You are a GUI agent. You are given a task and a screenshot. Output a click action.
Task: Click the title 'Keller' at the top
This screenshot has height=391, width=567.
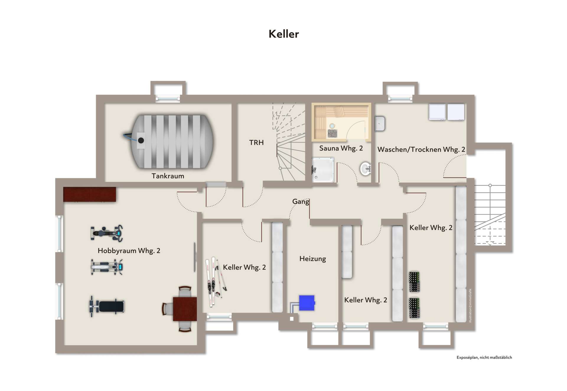[283, 34]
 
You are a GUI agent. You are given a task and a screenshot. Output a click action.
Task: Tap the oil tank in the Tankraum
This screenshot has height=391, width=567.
[171, 142]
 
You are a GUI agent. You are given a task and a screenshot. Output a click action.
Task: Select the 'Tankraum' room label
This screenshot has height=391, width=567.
[168, 176]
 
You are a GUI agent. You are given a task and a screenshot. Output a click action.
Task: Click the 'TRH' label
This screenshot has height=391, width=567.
[256, 143]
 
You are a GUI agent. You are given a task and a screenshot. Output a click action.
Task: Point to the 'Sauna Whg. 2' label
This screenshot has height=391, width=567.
[341, 148]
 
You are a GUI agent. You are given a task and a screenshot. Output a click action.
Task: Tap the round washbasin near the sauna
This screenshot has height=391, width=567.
[365, 169]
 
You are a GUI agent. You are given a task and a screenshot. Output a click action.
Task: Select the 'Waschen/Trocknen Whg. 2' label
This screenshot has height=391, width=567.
[421, 150]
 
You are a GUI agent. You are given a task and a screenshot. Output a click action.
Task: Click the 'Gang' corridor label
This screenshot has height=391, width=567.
[300, 202]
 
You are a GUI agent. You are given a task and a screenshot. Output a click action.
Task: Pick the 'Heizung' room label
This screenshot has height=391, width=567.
[312, 259]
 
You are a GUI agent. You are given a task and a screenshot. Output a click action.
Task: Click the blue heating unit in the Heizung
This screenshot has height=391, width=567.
[307, 303]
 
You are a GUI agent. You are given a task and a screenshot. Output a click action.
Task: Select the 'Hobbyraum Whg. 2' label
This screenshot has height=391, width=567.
[129, 251]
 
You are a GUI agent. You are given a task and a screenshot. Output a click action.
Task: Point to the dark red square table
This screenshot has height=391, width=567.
[185, 309]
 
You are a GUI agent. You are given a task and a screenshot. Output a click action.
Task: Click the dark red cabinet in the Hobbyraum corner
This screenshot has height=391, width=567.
[89, 194]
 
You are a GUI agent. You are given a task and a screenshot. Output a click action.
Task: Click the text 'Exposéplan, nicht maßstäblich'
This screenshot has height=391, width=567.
[484, 358]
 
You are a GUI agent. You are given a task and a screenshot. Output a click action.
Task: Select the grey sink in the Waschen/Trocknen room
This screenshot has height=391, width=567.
[380, 124]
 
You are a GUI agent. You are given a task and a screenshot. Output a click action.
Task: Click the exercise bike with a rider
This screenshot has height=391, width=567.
[107, 233]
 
